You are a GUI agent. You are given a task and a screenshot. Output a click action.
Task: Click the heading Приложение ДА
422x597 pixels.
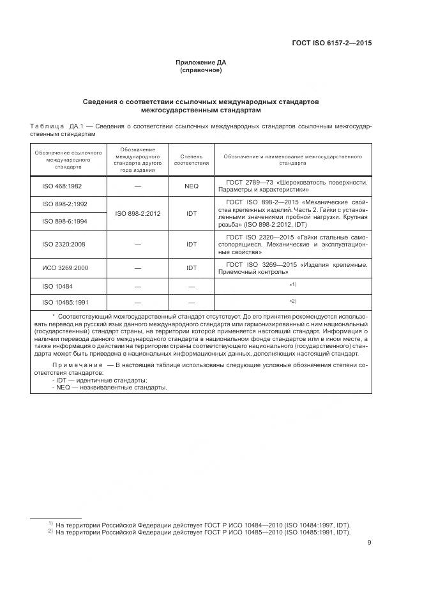[200, 63]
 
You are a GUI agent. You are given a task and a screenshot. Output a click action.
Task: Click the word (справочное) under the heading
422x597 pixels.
[200, 70]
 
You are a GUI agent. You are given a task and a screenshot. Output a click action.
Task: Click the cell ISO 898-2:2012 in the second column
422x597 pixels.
[138, 213]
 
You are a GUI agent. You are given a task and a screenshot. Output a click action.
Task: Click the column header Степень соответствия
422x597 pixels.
[192, 160]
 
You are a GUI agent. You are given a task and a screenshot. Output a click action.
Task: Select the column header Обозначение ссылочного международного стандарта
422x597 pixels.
[68, 160]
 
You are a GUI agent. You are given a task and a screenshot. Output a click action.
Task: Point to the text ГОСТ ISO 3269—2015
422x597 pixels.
[264, 264]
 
